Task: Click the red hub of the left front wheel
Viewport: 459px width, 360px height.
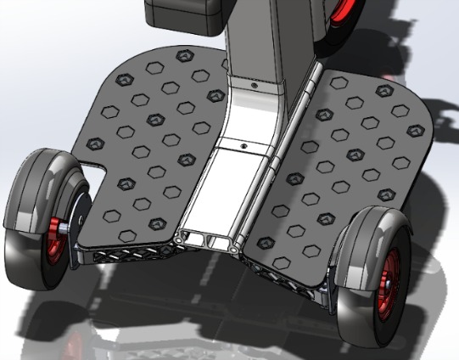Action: pos(58,228)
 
